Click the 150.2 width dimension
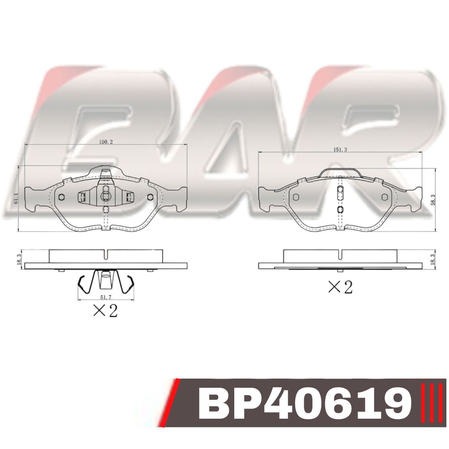point(106,142)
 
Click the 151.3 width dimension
point(340,150)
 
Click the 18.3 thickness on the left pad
point(19,260)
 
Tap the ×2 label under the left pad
point(105,311)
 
